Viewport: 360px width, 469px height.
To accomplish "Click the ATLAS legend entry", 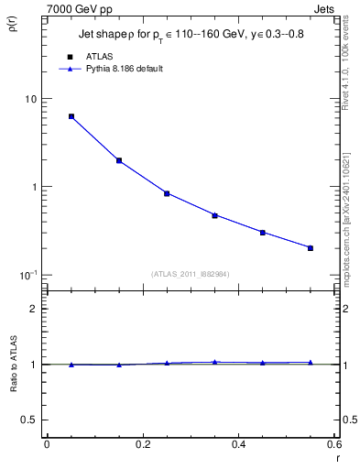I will click(x=98, y=57).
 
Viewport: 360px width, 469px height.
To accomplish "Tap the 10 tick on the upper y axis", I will click(x=29, y=99).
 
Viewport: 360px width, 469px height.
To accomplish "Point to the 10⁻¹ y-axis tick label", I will click(x=27, y=275).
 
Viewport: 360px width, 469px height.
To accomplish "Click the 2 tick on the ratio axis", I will click(x=34, y=309).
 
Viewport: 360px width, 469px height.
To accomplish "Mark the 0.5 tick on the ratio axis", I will click(x=30, y=420).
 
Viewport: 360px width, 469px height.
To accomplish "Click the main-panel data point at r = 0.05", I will click(x=71, y=116).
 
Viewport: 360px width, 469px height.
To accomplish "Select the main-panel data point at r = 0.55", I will click(x=311, y=247).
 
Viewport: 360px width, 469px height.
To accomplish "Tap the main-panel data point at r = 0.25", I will click(x=167, y=193).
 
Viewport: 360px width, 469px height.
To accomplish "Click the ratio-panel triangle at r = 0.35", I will click(x=215, y=362).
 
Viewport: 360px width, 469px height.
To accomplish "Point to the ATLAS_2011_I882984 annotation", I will click(x=191, y=273).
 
